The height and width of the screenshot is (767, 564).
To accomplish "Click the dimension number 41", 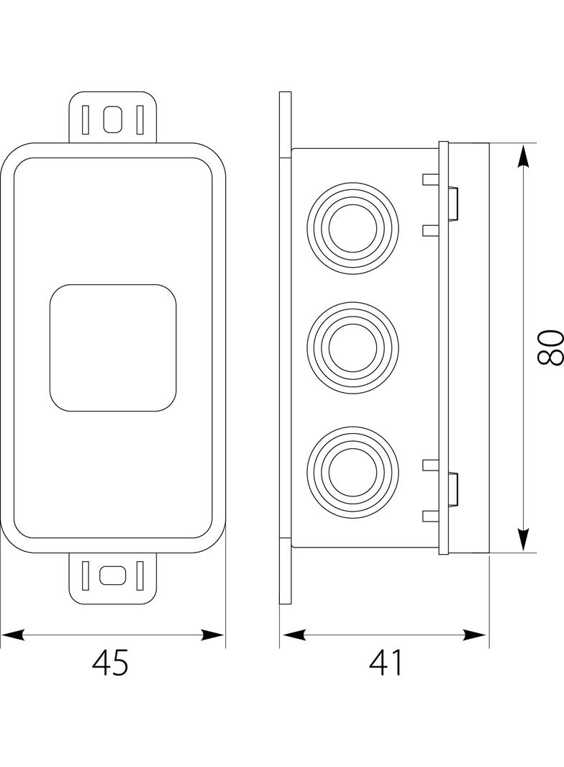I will tap(386, 662).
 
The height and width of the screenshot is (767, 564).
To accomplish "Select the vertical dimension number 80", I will tap(550, 348).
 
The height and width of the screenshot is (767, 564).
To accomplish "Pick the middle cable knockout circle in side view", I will tap(352, 348).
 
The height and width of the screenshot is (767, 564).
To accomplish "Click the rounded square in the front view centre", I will tap(113, 348).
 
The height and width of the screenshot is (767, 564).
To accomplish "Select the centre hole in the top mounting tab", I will tap(113, 119).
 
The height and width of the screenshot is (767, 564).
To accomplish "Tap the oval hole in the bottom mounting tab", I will tap(113, 575).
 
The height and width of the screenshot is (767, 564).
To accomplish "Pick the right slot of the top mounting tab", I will tap(140, 119).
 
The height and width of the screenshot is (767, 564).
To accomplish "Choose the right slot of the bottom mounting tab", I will tap(140, 575).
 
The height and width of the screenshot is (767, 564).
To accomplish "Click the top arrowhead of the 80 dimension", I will tap(524, 155).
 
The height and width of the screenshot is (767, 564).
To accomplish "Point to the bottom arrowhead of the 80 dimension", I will tap(524, 540).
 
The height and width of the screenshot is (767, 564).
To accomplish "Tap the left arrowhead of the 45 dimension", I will tap(13, 635).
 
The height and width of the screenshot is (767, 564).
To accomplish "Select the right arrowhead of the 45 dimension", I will tap(213, 635).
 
